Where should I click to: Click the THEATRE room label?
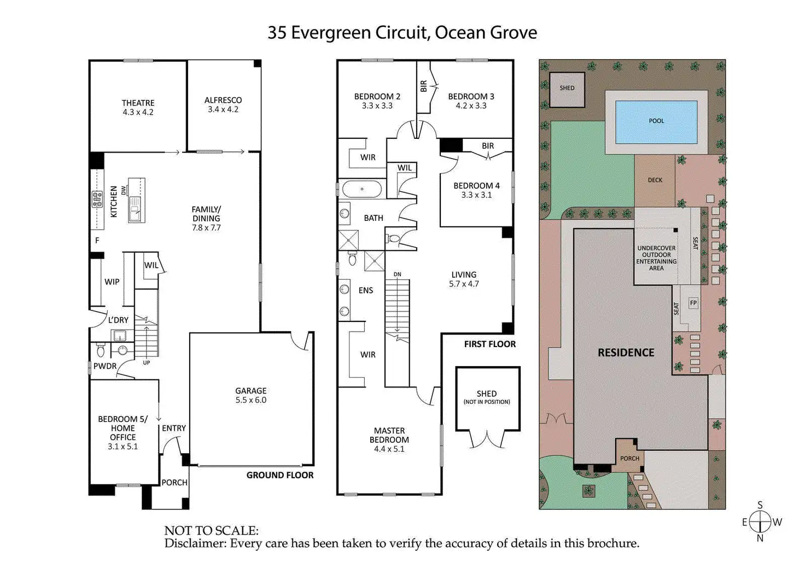pos(138,103)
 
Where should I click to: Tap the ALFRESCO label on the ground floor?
pos(223,100)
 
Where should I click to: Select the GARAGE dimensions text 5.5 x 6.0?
pos(251,400)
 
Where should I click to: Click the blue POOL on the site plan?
pos(656,121)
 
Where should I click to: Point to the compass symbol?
pos(760,521)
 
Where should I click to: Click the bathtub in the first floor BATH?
pos(361,189)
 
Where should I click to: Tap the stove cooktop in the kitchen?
pos(98,199)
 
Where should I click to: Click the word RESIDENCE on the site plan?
pos(626,353)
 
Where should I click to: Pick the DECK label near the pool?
pos(655,180)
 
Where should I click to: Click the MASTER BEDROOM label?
pos(389,435)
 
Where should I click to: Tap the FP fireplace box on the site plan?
pos(693,303)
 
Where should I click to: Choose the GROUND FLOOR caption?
pos(280,475)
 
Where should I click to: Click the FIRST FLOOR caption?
pos(489,344)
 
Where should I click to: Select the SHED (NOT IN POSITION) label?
pos(487,397)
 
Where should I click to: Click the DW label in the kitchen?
pos(124,190)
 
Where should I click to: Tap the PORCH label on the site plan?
pos(629,458)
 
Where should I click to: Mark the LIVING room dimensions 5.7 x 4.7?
pos(464,284)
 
